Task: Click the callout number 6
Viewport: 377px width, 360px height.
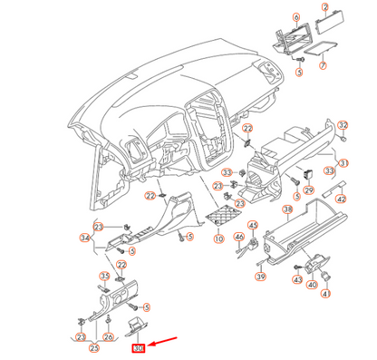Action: coord(295,17)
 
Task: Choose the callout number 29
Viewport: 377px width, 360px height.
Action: coord(308,190)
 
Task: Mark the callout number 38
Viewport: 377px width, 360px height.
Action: coord(286,209)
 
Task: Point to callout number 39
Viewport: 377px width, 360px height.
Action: coord(259,276)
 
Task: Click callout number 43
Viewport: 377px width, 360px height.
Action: coord(296,280)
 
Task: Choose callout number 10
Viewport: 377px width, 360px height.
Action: coord(217,238)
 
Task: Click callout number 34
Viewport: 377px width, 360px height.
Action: coord(85,238)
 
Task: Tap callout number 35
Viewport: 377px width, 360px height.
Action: coord(104,276)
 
